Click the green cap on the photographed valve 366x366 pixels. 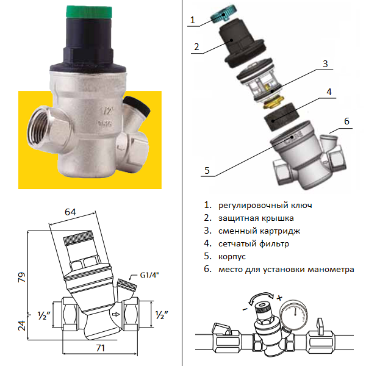click(x=89, y=12)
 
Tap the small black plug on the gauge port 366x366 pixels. click(x=137, y=106)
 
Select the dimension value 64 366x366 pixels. click(x=70, y=212)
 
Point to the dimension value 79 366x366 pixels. click(x=22, y=277)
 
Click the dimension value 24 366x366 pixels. click(x=22, y=326)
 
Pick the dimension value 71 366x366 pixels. click(x=101, y=348)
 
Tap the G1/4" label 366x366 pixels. click(x=149, y=275)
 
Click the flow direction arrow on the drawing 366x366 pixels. click(x=116, y=314)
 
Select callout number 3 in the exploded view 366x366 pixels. click(x=325, y=63)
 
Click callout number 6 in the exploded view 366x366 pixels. click(x=346, y=121)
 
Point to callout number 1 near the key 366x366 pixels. click(x=192, y=20)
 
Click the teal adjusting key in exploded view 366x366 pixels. click(x=223, y=15)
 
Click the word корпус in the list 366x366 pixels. click(x=232, y=257)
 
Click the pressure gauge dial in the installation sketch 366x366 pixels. click(x=295, y=315)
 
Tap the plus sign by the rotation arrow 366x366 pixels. click(x=279, y=298)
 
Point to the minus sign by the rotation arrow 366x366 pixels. click(x=245, y=309)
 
